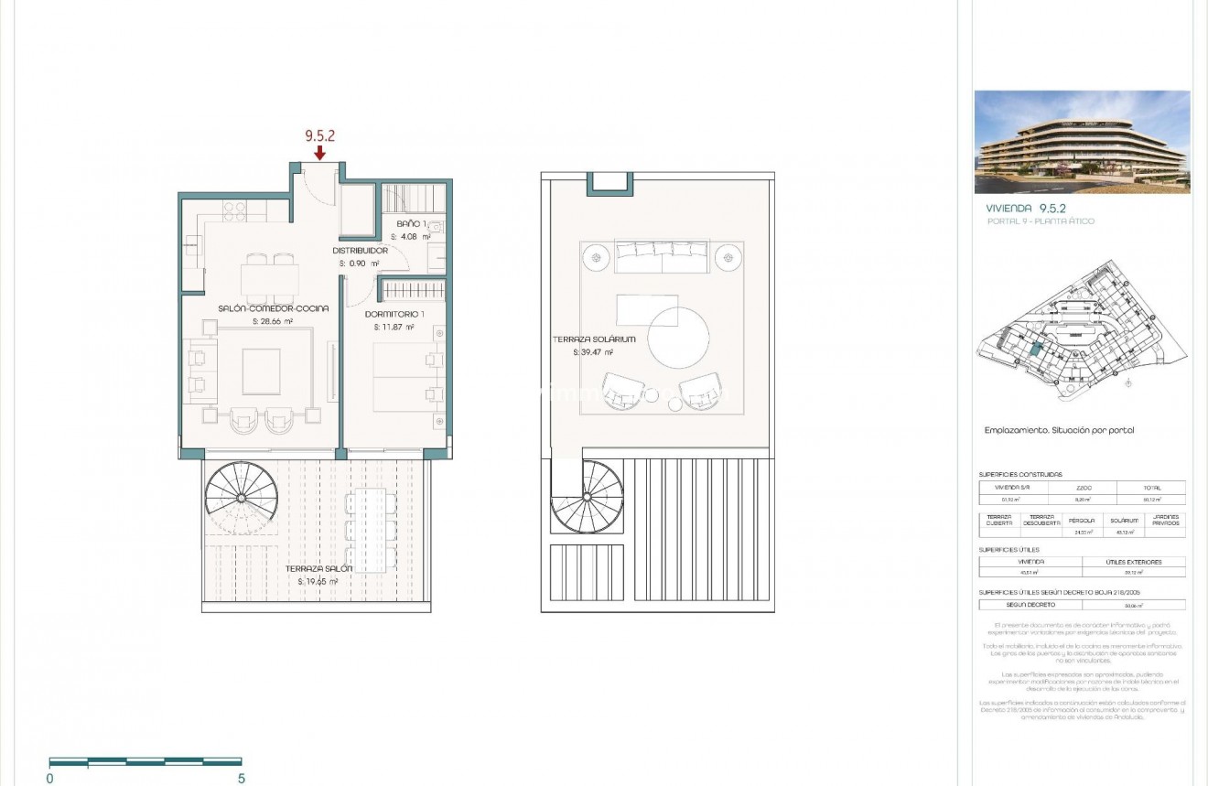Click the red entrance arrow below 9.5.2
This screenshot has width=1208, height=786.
(319, 152)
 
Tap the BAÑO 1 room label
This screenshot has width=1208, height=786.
(411, 223)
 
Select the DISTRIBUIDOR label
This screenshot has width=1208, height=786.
(360, 250)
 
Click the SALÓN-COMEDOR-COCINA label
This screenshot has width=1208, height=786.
(273, 308)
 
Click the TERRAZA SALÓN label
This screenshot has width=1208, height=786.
(311, 568)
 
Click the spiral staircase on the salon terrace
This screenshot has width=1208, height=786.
(241, 499)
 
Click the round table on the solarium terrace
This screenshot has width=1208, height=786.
(678, 338)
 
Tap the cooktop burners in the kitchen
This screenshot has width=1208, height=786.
(234, 212)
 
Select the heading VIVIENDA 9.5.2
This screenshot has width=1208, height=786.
(1026, 209)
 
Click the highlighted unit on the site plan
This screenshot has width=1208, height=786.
(1035, 350)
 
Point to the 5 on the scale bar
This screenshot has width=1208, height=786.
(242, 779)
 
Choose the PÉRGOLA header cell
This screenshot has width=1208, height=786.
(1082, 520)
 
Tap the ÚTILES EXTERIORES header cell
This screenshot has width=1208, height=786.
(1133, 562)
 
